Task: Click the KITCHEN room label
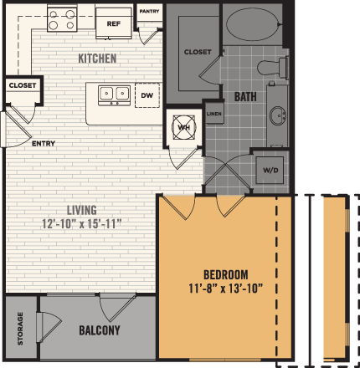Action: click(x=97, y=59)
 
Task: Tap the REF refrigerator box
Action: click(x=114, y=24)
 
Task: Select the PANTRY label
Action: click(x=150, y=12)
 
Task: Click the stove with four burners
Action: click(x=63, y=18)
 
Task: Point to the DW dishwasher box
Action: click(x=147, y=95)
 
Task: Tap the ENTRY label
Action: click(x=44, y=144)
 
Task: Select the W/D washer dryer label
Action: click(x=271, y=171)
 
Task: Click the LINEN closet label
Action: click(x=214, y=113)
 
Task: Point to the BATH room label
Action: click(x=245, y=97)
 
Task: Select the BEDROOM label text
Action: click(x=225, y=274)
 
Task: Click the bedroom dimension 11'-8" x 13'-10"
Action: click(x=225, y=289)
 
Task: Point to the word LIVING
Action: click(x=81, y=210)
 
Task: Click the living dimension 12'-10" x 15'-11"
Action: click(x=82, y=223)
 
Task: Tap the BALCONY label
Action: click(x=100, y=330)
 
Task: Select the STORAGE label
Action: click(x=20, y=330)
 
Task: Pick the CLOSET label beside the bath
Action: click(x=198, y=52)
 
